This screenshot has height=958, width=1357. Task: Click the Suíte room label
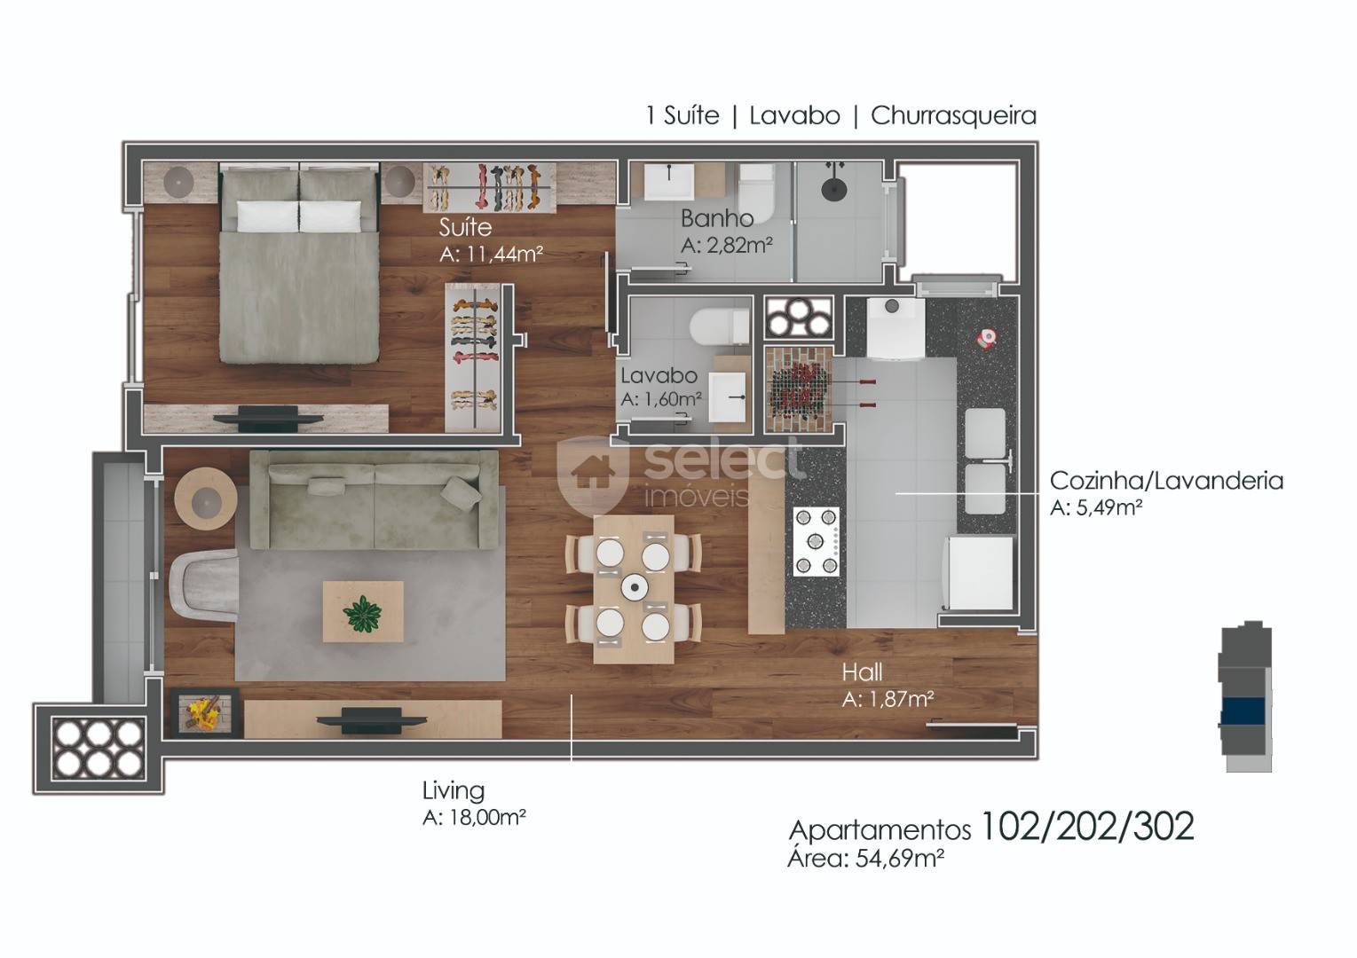pos(465,227)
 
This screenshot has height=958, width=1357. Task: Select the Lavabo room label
pos(659,375)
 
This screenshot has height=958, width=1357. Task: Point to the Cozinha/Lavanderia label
pos(1166,481)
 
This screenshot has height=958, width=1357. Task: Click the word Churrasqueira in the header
pos(953,115)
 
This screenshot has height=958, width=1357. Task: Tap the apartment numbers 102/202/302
pos(1087,826)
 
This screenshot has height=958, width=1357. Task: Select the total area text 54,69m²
pos(900,859)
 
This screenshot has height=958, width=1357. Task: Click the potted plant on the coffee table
pos(362,614)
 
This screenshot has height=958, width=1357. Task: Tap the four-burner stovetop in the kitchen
pos(816,541)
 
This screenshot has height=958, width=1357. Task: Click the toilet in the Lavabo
pos(720,327)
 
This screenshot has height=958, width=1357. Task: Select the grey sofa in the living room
pos(375,499)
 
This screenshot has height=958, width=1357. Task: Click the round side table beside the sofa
pos(205,499)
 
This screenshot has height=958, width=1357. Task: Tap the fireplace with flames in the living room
pos(201,712)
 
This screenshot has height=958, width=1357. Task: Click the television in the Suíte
pos(267,419)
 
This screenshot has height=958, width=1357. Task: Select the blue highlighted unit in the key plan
pos(1243,711)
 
